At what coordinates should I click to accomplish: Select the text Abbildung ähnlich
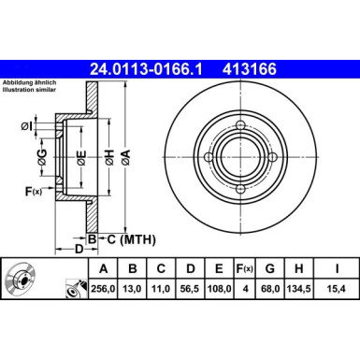[x=29, y=83]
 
